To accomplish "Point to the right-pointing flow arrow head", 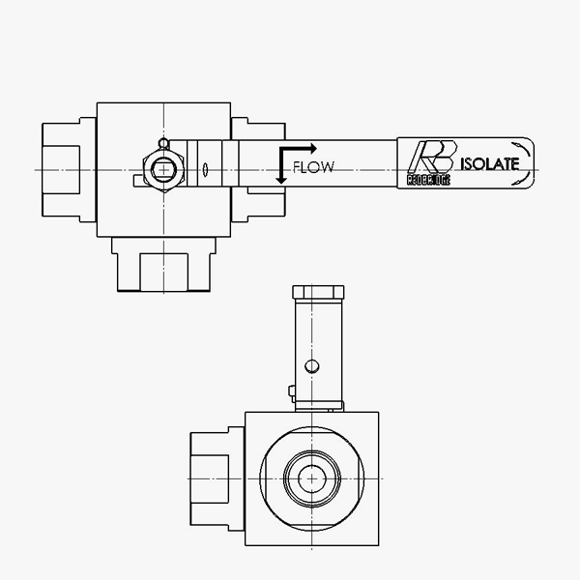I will pyautogui.click(x=311, y=147).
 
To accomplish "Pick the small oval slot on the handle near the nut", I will pyautogui.click(x=205, y=171).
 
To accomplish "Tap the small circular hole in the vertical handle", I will pyautogui.click(x=309, y=365).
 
